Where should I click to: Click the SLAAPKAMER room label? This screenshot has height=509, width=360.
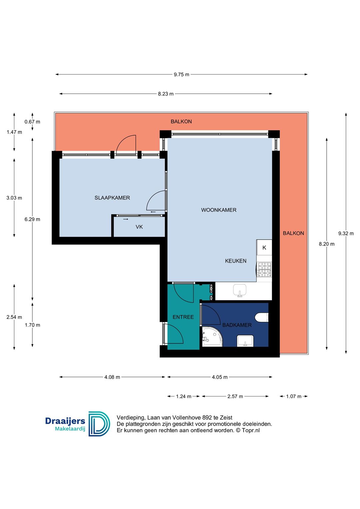click(x=112, y=198)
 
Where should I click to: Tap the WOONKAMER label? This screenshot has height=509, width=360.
click(x=219, y=210)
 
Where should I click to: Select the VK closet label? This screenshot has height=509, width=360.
click(x=139, y=227)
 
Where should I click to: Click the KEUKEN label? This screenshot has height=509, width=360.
click(x=236, y=261)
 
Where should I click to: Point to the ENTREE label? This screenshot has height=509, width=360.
click(x=183, y=317)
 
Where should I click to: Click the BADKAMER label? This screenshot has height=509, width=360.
click(x=237, y=325)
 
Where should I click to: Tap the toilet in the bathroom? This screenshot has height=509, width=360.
click(x=262, y=317)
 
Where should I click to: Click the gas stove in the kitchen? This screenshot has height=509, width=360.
click(x=264, y=270)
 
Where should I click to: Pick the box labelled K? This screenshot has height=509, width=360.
click(x=264, y=248)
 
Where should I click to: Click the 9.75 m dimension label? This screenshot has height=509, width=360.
click(x=181, y=75)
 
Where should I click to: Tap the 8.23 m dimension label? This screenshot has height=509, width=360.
click(x=166, y=94)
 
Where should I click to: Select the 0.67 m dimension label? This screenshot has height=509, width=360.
click(x=32, y=122)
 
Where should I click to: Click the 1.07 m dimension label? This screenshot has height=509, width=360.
click(x=294, y=396)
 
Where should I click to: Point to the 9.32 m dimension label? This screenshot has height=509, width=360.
click(x=346, y=234)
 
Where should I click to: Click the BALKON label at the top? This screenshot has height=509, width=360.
click(x=181, y=122)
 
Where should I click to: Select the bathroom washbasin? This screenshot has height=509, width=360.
click(x=245, y=341)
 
